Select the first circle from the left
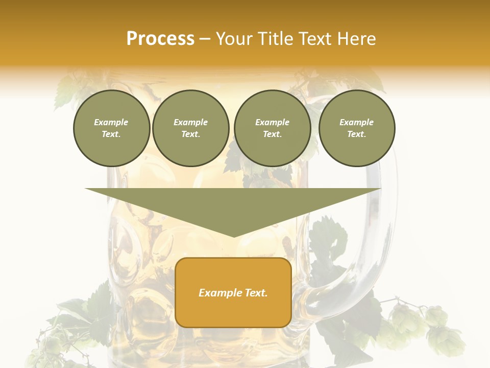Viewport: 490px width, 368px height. (x=111, y=128)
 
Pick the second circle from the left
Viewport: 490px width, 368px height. (x=190, y=128)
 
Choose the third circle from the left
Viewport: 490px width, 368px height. (x=272, y=128)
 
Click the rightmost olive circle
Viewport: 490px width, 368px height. (x=357, y=128)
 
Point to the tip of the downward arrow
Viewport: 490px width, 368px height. (x=234, y=236)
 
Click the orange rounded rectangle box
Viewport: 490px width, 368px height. (x=233, y=292)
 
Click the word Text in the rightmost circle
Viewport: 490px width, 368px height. (x=356, y=134)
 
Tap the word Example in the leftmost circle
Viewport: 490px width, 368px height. (x=111, y=123)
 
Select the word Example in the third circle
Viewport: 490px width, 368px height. (x=272, y=123)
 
